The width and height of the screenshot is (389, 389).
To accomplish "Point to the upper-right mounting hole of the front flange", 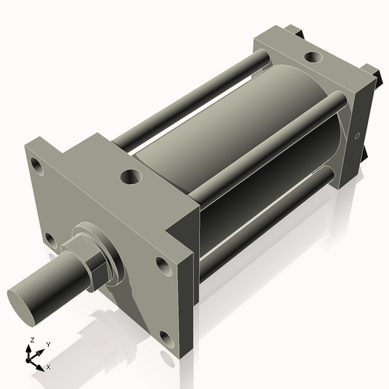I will [x=163, y=265].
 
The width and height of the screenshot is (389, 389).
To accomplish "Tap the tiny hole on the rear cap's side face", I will [x=357, y=137].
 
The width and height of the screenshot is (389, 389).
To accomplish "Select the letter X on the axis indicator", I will [x=48, y=365].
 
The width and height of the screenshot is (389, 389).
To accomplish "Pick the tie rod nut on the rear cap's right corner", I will [x=377, y=79].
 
